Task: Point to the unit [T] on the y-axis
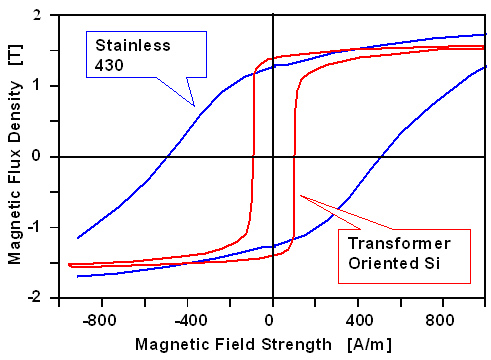(14, 56)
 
